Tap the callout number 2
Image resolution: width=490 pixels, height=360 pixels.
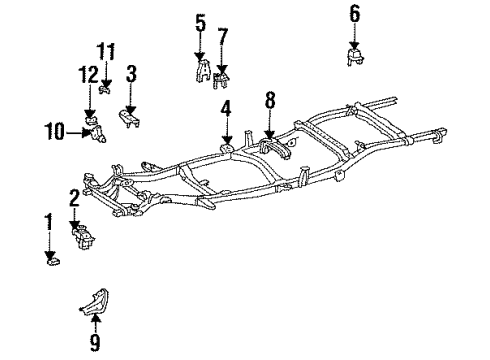[74, 196]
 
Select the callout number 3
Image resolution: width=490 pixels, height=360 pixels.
[131, 73]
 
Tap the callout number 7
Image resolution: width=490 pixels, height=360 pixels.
[222, 37]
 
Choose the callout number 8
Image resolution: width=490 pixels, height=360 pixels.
[268, 100]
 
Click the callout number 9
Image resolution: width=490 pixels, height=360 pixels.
[96, 343]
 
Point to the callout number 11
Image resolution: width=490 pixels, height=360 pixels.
[106, 50]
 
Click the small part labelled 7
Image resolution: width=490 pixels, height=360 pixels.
[223, 79]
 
